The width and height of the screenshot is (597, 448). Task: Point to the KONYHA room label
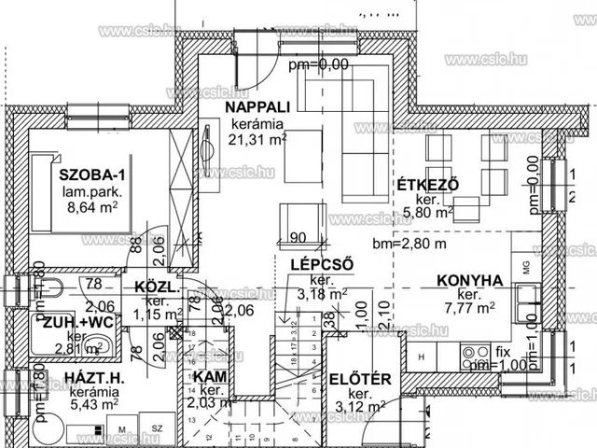(x=470, y=279)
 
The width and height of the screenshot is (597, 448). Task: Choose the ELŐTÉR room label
(x=357, y=380)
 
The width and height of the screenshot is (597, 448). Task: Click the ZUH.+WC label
(x=76, y=320)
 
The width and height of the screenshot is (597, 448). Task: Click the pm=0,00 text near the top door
(x=318, y=64)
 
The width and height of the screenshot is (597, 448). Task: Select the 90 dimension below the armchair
(x=298, y=237)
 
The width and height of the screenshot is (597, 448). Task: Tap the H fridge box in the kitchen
(x=422, y=357)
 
